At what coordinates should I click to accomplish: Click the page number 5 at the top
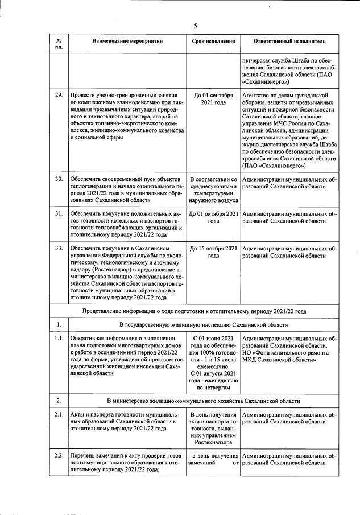[x=195, y=26]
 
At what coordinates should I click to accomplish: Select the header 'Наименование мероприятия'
[x=127, y=42]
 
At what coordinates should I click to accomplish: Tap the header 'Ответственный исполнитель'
[x=289, y=42]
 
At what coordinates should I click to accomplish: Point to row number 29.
[x=59, y=95]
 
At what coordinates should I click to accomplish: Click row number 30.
[x=59, y=179]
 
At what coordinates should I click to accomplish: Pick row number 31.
[x=59, y=213]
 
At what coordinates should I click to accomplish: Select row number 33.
[x=59, y=248]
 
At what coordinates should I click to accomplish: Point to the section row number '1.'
[x=59, y=324]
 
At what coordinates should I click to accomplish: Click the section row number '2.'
[x=59, y=401]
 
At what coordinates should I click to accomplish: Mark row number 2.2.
[x=59, y=456]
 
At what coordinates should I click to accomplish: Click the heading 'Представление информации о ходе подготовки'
[x=159, y=311]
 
